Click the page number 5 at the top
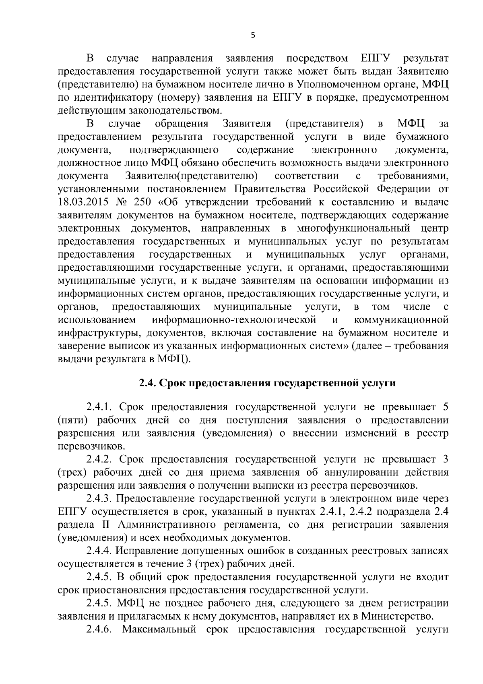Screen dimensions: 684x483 [x=252, y=35]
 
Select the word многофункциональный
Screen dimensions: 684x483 [x=353, y=228]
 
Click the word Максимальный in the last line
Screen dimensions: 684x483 [x=158, y=630]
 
